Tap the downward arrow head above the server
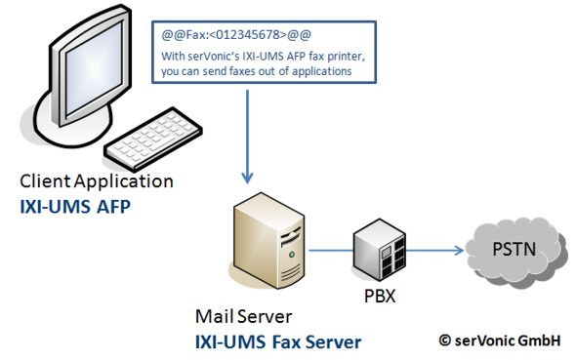coord(248,178)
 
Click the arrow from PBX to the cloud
coord(434,250)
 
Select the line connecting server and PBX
coord(331,251)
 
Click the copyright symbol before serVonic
coord(444,341)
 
